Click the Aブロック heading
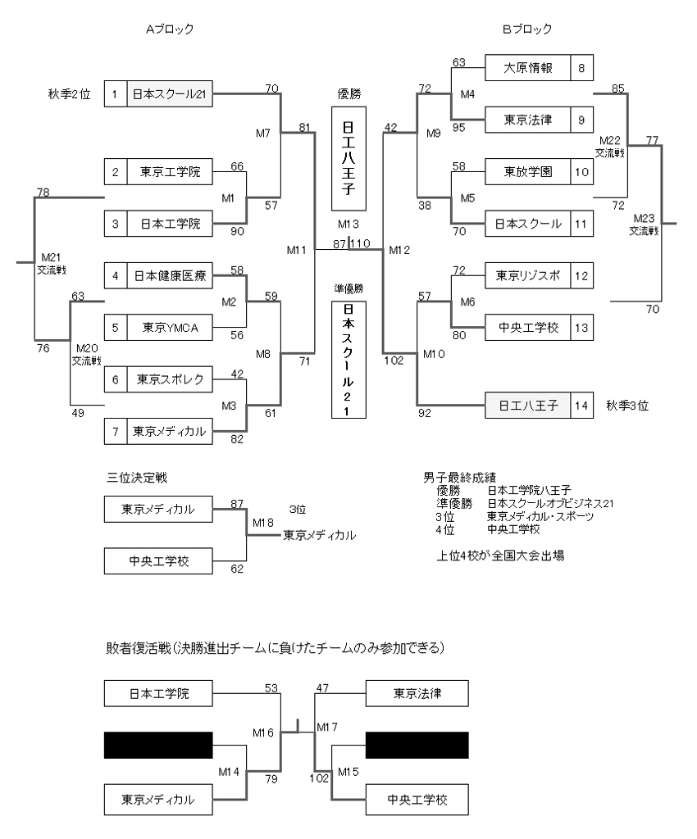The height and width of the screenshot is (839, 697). pos(170,29)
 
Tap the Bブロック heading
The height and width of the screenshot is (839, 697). pos(526,29)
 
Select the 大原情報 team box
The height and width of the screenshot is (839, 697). pos(527,68)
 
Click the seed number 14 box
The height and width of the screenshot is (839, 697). pos(581,405)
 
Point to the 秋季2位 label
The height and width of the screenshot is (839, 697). pos(68,93)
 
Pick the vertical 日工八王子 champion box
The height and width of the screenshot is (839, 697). pos(348,157)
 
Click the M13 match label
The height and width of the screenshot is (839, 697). pos(348,224)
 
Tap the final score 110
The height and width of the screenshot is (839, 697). pos(362,244)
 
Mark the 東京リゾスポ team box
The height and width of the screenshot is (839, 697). pos(527,274)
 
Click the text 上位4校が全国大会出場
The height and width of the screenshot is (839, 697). pos(500,555)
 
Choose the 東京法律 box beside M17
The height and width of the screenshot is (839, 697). pos(417,694)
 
